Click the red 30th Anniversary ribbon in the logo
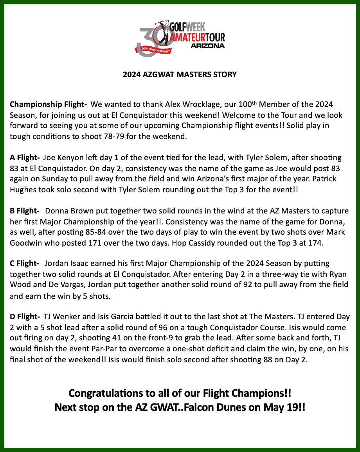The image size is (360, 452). [154, 50]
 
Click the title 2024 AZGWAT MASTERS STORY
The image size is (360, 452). [180, 74]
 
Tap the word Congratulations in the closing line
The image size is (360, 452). [111, 392]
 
